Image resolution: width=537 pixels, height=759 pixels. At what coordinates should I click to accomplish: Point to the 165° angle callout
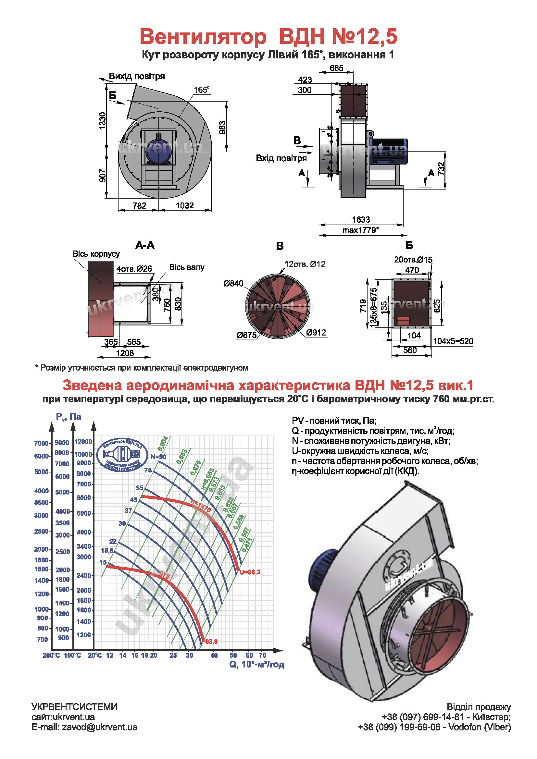pos(201,90)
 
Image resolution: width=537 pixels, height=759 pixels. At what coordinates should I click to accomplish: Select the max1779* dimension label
pos(360,230)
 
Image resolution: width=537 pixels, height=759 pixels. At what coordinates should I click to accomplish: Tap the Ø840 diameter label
pos(233,283)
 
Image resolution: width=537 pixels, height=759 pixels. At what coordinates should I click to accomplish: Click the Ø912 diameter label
pos(316,333)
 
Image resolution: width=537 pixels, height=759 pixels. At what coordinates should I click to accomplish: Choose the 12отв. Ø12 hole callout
pos(305,264)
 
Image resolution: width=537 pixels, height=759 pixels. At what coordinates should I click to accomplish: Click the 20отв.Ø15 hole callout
pos(413,260)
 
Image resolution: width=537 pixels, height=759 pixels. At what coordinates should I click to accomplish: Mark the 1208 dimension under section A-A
pos(125,353)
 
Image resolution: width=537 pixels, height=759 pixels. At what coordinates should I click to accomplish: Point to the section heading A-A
pos(145,245)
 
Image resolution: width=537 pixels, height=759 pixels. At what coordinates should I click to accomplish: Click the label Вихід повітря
pos(137,76)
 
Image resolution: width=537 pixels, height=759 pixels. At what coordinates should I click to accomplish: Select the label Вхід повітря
pos(281,158)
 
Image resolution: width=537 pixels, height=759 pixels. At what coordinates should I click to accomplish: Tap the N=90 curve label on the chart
pos(158,457)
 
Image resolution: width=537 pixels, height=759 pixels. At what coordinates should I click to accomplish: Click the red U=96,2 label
pos(250,572)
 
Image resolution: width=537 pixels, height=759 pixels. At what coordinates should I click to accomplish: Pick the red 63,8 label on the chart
pos(211,642)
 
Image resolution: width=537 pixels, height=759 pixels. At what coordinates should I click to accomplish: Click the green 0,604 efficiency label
pos(163,444)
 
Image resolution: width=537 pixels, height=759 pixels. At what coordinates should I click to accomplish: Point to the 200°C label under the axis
pos(51,655)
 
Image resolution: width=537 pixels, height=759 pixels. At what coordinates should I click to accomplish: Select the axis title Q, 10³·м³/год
pos(256,665)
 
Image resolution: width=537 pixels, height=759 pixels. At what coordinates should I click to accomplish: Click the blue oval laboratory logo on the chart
pos(123,455)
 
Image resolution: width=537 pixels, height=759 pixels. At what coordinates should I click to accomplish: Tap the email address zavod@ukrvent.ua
pos(99,727)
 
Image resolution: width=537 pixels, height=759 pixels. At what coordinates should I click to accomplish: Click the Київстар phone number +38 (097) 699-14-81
pos(423,717)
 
